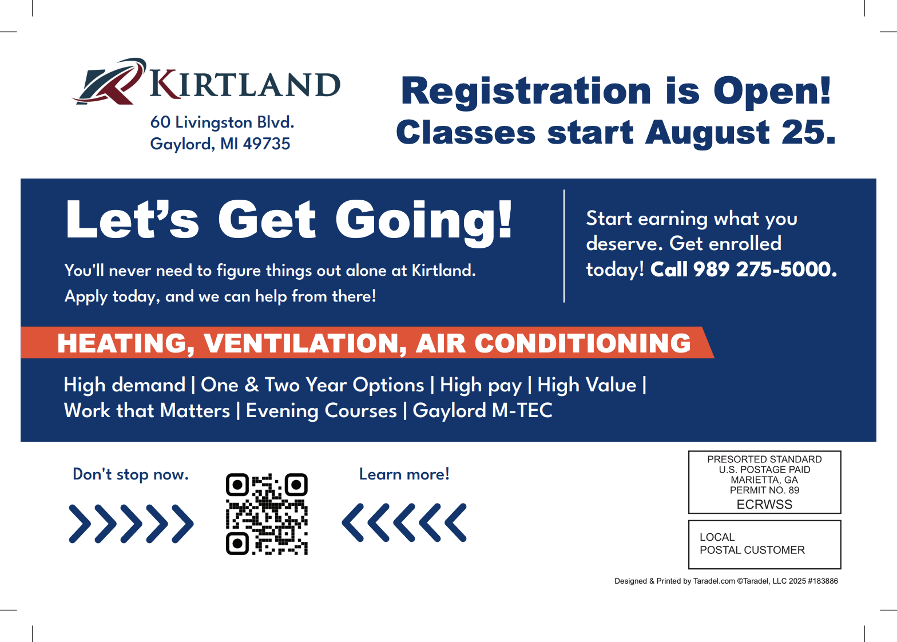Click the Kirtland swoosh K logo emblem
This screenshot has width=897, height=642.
point(109,82)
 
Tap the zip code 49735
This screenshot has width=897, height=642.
point(267,144)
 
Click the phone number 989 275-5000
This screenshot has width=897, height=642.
point(765,269)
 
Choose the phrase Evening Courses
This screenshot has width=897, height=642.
point(321,410)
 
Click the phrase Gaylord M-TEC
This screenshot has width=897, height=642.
point(483,410)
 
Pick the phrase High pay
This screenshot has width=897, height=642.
point(481,385)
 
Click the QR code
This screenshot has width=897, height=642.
point(267,514)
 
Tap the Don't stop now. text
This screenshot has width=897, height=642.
point(130,474)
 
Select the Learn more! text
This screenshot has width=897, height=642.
point(404,474)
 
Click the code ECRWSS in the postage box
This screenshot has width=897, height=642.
point(764,504)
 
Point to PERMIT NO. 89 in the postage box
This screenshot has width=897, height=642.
point(764,490)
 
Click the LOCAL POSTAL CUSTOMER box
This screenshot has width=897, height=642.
point(764,545)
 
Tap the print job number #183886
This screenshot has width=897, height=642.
point(823,581)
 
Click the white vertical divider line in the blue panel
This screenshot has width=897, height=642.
point(564,246)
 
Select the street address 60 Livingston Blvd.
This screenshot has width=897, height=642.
point(222,122)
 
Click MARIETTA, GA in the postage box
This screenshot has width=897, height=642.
point(764,480)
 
